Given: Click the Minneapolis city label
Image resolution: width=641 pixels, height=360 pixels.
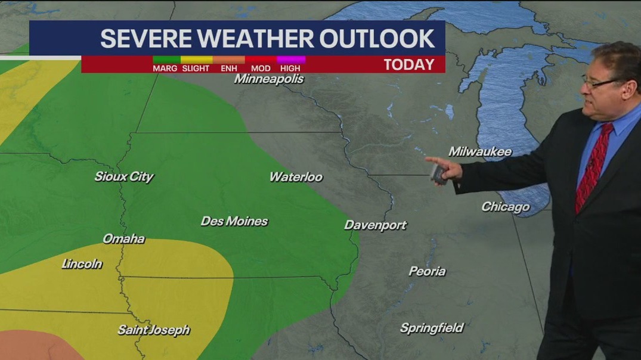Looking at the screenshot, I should pos(269,79).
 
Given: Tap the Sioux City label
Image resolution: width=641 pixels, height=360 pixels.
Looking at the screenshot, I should pos(124,176).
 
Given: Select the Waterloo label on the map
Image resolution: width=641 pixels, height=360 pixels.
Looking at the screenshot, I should pos(296,177).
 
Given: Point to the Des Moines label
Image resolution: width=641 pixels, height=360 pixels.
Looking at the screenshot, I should pos(234,221).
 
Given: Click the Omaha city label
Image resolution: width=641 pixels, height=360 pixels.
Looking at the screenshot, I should pos(123,239).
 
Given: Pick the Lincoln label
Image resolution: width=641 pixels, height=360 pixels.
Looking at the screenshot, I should pos(82,264).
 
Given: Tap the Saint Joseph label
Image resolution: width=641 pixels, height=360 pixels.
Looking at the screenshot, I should pos(153,330).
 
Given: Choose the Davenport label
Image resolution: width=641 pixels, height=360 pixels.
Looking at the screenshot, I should pos(375,225).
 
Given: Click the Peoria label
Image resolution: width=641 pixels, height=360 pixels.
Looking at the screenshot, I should pos(427,271).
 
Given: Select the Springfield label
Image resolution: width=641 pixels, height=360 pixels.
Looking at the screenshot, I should pos(431,328).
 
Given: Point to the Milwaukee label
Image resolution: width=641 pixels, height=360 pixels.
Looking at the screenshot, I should pos(480,152).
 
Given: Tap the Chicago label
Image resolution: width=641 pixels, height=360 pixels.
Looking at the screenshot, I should pos(505,207).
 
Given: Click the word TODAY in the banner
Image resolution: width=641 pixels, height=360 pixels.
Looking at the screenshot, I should pos(408,64).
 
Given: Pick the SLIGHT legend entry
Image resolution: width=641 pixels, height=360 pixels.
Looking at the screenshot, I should pos(196,68).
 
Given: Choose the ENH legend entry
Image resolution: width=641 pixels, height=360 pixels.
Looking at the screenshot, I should pos(229,68).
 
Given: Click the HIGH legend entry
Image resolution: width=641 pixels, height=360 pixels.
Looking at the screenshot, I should pos(290,68).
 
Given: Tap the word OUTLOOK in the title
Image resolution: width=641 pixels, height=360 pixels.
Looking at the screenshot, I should pos(376,39).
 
